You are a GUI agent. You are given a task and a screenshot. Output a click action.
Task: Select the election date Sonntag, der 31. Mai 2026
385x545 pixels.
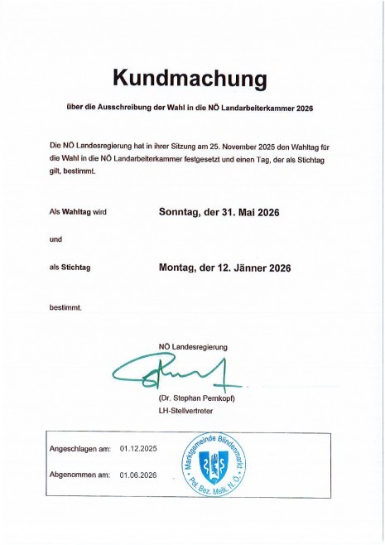click(219, 212)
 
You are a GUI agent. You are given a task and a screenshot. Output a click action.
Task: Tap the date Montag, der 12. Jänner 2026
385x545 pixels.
click(224, 268)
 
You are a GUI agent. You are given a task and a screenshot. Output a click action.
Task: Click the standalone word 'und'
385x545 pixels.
click(55, 239)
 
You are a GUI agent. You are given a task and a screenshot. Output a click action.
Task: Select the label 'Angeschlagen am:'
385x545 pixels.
click(80, 449)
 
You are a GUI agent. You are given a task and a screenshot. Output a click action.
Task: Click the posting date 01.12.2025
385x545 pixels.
click(138, 449)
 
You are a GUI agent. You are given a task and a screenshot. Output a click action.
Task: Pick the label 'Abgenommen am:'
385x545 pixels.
click(79, 475)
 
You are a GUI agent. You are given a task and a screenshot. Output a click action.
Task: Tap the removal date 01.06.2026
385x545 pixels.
click(138, 475)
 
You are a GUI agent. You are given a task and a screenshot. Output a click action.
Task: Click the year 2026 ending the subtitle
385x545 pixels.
click(321, 108)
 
